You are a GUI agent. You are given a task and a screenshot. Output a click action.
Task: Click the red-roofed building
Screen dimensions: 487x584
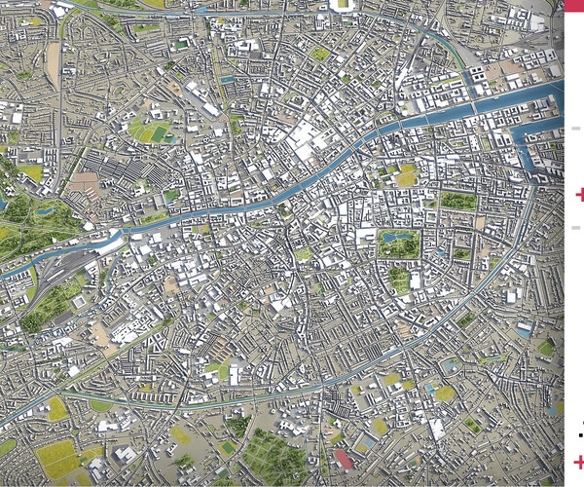point(343,460)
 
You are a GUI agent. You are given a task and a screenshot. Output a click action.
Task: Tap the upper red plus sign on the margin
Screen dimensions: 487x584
point(580,196)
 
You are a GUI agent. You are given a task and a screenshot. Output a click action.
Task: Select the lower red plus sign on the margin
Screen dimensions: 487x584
point(580,462)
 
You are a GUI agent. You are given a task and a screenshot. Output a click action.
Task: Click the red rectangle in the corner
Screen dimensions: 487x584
point(574,5)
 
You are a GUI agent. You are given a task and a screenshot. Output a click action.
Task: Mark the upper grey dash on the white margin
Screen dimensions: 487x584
point(576,128)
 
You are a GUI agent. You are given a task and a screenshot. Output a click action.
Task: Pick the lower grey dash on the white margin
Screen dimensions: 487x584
point(576,227)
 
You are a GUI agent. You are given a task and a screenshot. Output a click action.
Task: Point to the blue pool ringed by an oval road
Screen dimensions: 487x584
point(450,364)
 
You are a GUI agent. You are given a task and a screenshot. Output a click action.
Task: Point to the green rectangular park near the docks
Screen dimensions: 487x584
point(457,201)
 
